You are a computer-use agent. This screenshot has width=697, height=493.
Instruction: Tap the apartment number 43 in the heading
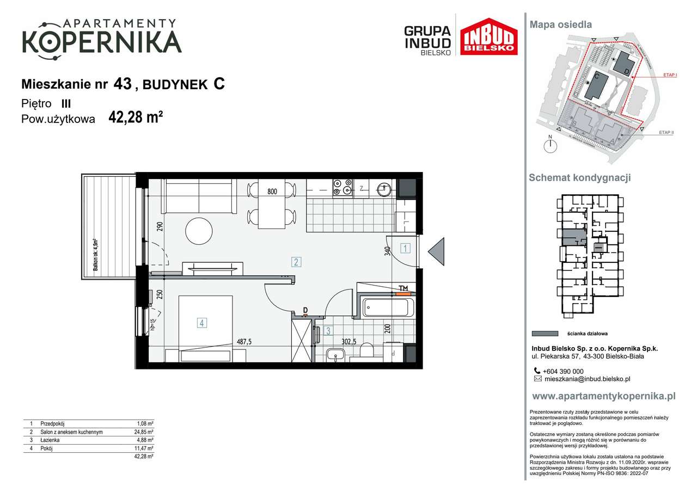tap(123, 84)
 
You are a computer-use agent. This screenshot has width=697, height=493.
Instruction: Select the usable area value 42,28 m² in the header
tap(136, 118)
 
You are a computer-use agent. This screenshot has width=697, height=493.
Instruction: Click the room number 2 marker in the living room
tap(296, 262)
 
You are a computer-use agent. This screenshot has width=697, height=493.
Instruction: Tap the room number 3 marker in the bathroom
tap(328, 330)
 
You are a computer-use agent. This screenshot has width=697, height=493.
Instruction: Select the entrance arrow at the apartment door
tap(437, 252)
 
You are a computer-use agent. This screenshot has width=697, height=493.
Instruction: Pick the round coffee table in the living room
tap(199, 231)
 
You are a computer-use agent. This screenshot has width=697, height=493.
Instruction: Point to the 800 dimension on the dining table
tap(273, 192)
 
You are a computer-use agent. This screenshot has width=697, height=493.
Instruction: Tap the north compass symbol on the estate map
tap(551, 145)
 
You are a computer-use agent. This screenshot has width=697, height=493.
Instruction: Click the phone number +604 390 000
tap(563, 371)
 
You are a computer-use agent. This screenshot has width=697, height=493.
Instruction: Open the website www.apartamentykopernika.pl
tap(603, 396)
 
